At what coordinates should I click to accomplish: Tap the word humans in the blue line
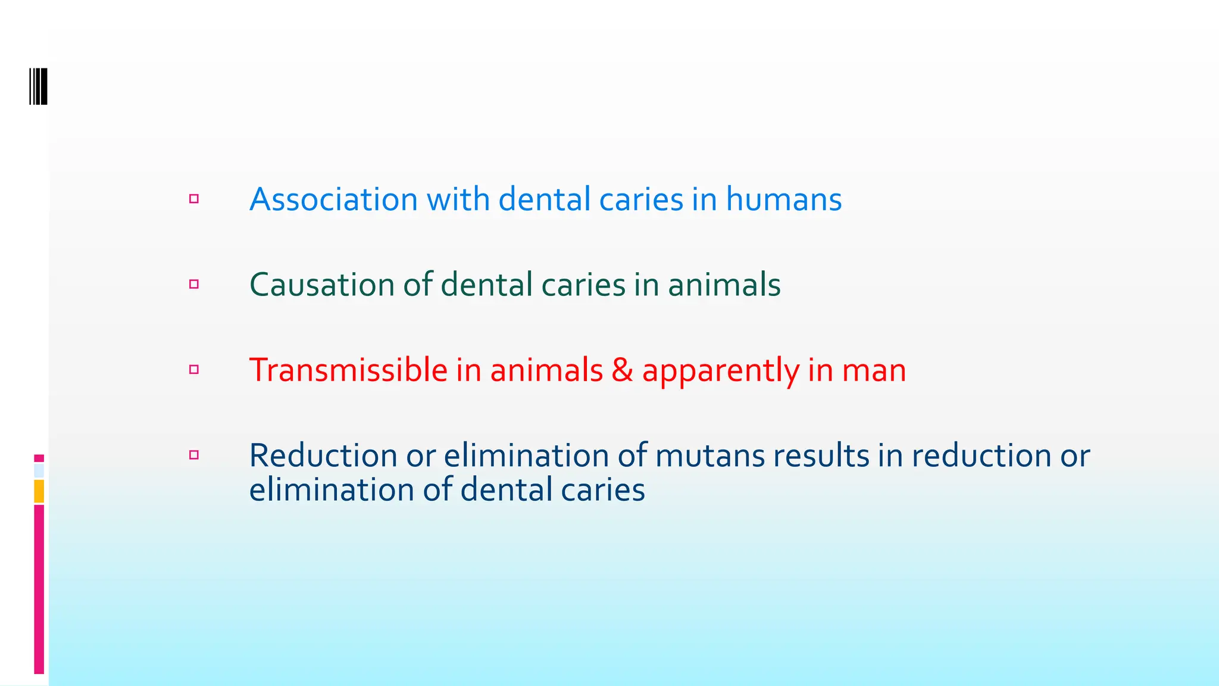pyautogui.click(x=783, y=199)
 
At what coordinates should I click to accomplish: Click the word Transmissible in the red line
pyautogui.click(x=348, y=370)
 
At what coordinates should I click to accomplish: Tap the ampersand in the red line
pyautogui.click(x=622, y=370)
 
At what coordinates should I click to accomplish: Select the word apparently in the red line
pyautogui.click(x=720, y=371)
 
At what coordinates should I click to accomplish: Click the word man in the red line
pyautogui.click(x=873, y=370)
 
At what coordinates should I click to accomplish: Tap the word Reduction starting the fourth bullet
pyautogui.click(x=323, y=456)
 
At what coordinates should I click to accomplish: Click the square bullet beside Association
pyautogui.click(x=194, y=199)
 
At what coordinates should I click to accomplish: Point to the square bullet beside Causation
pyautogui.click(x=194, y=285)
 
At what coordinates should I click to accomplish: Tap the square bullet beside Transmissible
pyautogui.click(x=194, y=370)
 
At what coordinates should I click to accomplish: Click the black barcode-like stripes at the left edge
pyautogui.click(x=39, y=86)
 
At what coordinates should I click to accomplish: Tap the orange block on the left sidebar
pyautogui.click(x=39, y=491)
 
